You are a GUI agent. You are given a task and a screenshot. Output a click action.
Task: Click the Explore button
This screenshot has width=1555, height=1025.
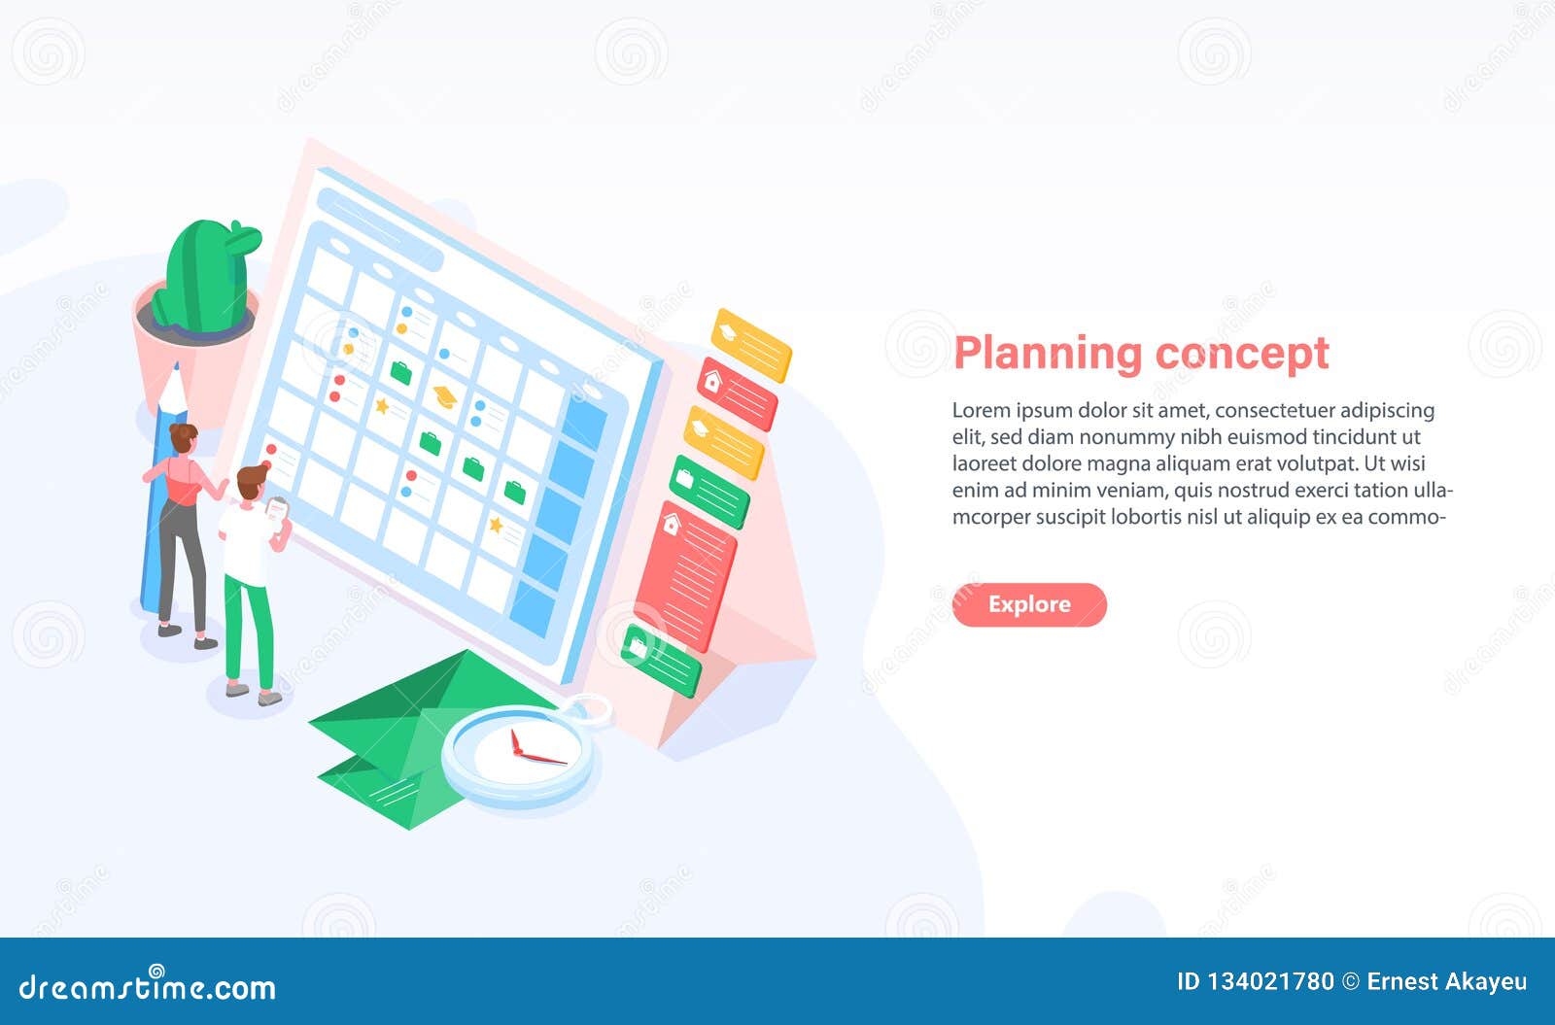(1029, 604)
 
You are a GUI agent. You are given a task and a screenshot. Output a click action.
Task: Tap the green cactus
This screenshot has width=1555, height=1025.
(206, 277)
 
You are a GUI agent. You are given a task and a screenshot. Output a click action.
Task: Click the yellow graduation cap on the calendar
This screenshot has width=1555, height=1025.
(445, 395)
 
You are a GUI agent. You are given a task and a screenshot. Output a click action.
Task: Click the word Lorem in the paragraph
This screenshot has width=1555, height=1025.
(980, 411)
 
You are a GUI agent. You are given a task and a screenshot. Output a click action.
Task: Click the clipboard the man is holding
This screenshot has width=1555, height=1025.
(277, 509)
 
